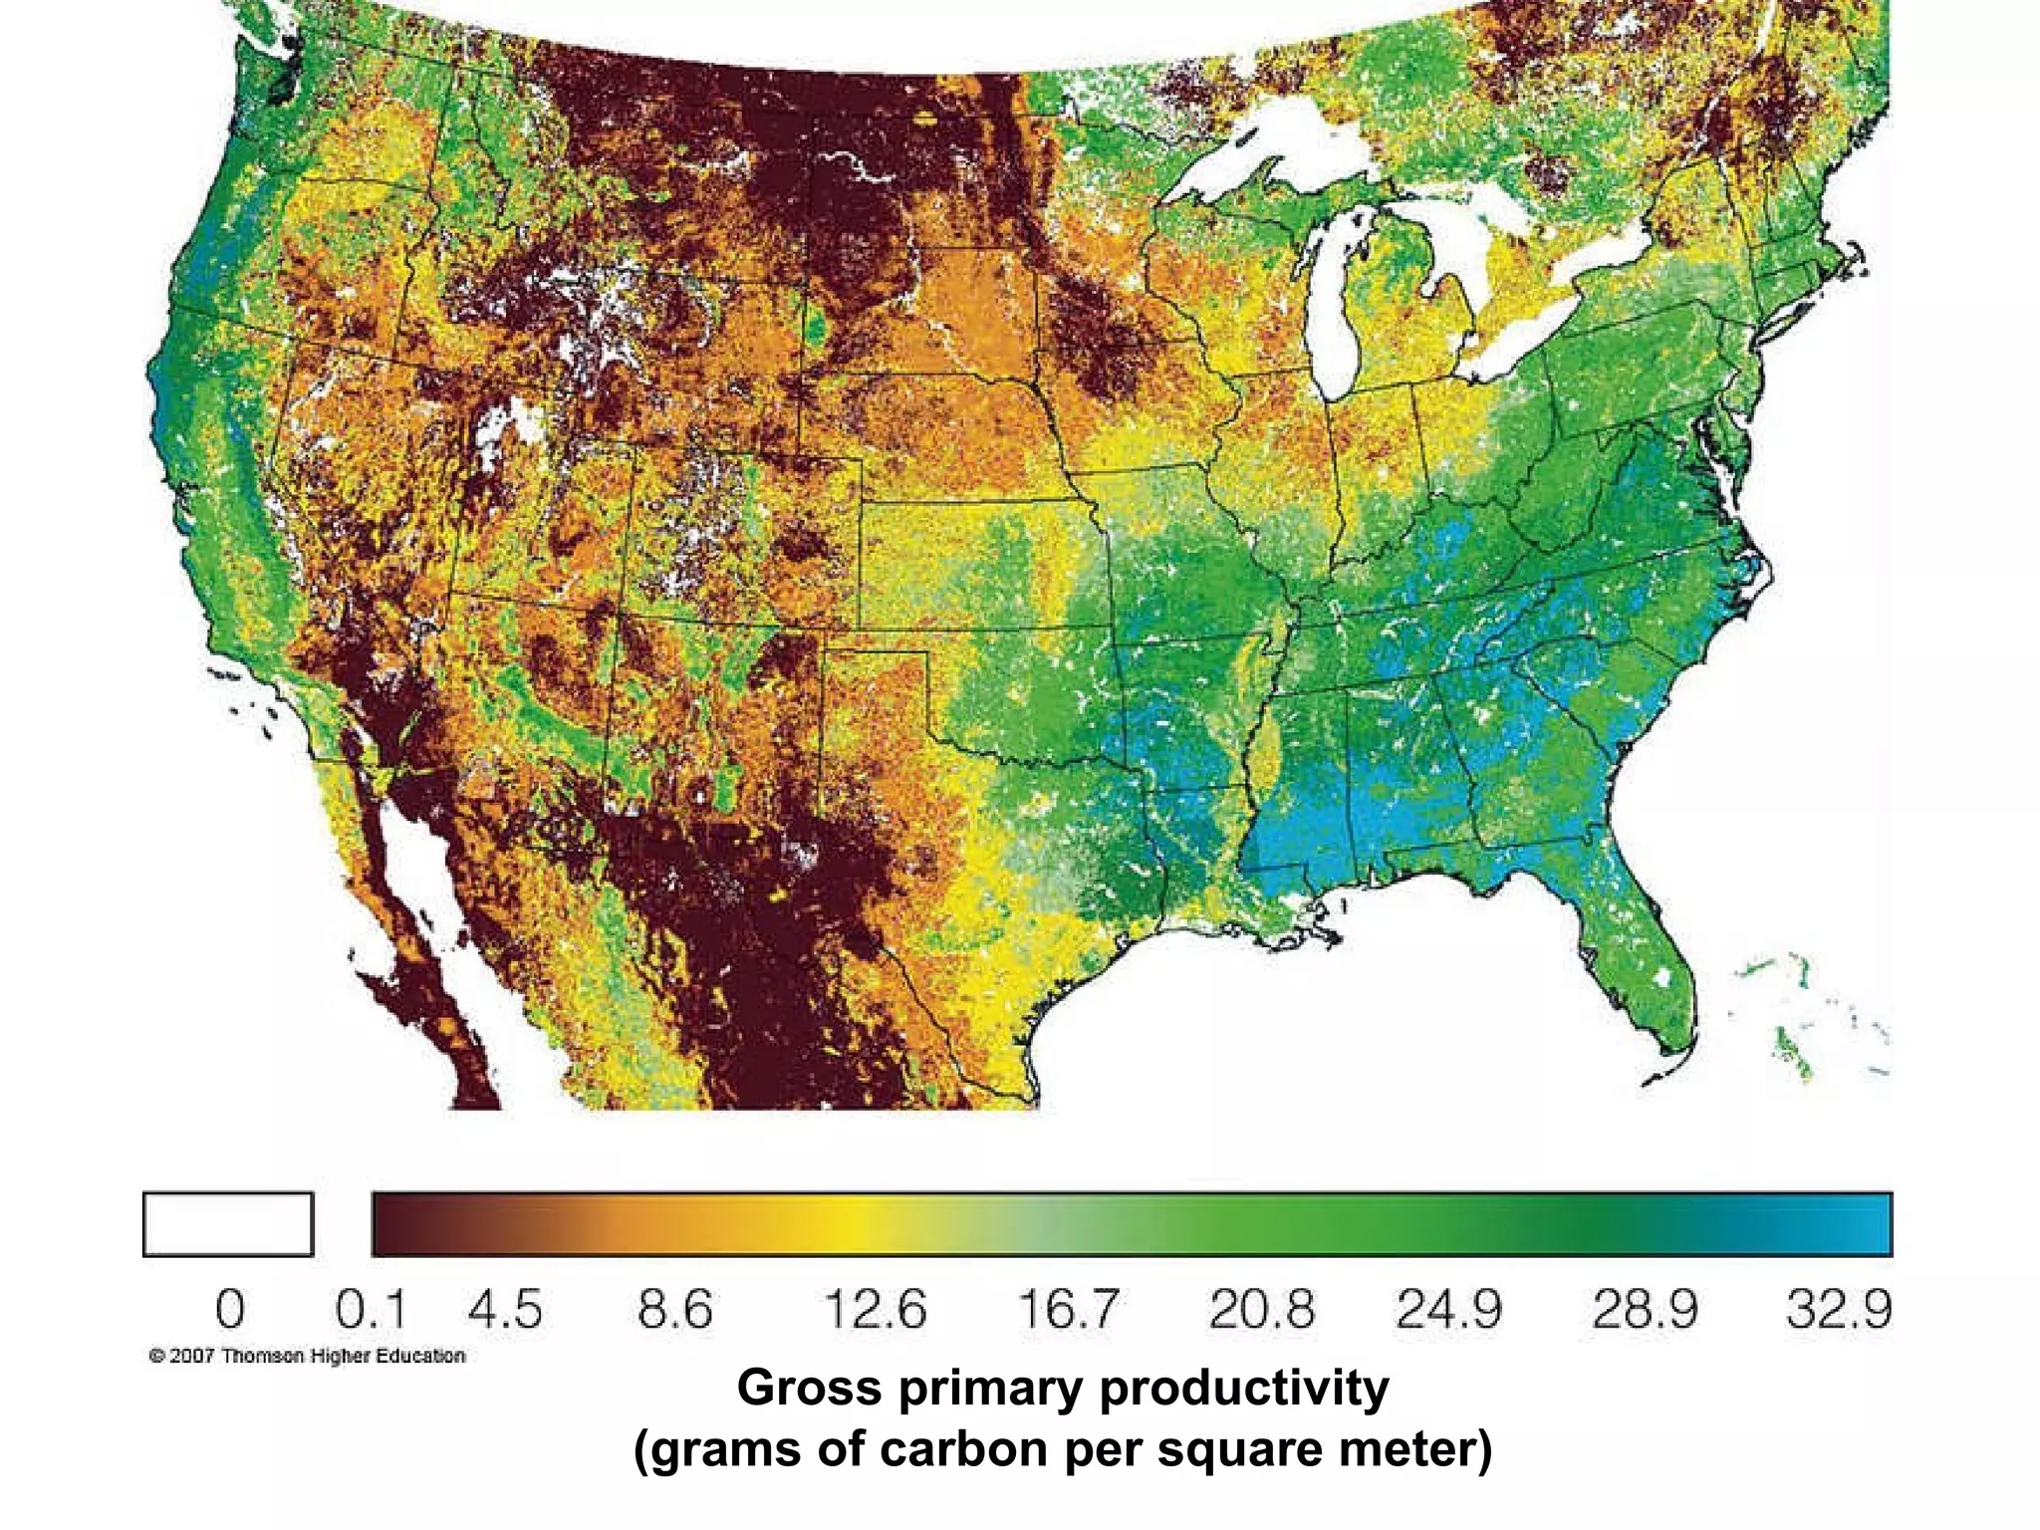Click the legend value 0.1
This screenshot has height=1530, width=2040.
point(371,1309)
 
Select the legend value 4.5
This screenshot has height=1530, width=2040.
point(505,1309)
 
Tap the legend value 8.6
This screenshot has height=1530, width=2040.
point(675,1309)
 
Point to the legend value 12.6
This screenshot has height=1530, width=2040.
point(876,1309)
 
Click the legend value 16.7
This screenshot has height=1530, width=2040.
point(1069,1309)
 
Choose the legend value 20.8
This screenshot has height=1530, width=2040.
point(1261,1309)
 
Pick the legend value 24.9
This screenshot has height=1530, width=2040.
point(1448,1309)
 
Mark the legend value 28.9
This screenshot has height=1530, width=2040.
point(1645,1309)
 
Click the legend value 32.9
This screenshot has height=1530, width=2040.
point(1838,1309)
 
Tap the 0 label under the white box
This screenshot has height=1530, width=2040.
point(229,1309)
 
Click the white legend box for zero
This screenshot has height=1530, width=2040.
point(228,1224)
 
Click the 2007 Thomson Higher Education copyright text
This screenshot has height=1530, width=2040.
point(307,1356)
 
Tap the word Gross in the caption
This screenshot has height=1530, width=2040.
point(809,1388)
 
